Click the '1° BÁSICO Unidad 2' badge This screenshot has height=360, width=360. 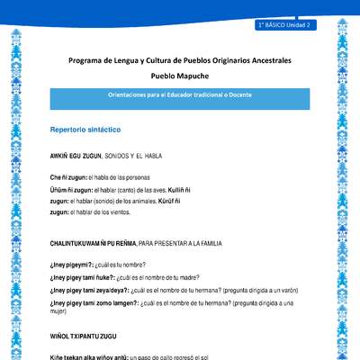click(x=283, y=26)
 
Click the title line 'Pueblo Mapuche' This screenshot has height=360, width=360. click(x=181, y=78)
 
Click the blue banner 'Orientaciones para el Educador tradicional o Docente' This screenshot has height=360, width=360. click(x=180, y=94)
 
